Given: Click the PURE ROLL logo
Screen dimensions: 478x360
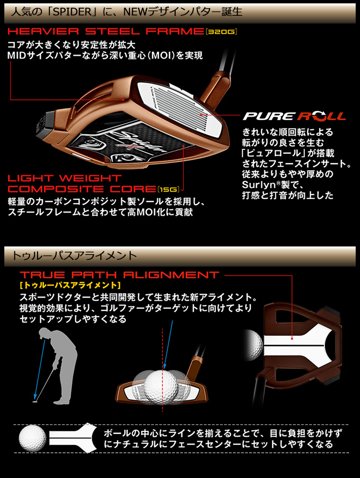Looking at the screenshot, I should [x=294, y=116].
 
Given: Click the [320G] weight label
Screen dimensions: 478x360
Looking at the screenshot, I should [x=222, y=33].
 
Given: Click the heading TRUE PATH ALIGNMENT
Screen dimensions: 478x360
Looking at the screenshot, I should [x=120, y=275].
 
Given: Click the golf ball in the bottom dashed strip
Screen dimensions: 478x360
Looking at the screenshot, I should [x=33, y=438].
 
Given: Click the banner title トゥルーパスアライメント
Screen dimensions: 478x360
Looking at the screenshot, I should [x=73, y=254].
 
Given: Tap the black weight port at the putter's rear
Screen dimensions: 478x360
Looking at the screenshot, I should [x=44, y=124].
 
